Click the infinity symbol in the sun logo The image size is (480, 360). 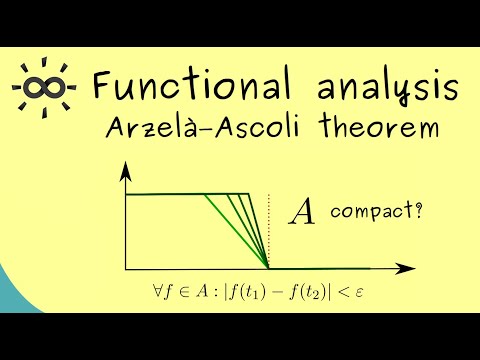(40, 86)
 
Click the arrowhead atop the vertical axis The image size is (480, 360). (125, 171)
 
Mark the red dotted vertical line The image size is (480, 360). (268, 225)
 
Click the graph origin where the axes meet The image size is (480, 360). (125, 268)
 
